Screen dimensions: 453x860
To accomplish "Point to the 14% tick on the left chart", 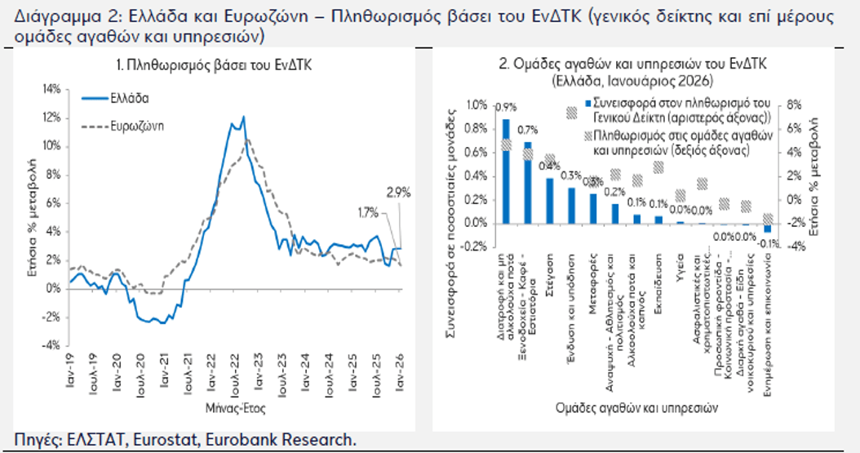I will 51,89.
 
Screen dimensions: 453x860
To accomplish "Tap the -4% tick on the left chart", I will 51,345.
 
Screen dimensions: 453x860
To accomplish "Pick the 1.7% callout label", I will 366,213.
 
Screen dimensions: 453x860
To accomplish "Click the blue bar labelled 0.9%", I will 506,171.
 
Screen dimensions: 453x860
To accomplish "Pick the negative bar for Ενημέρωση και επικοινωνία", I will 767,228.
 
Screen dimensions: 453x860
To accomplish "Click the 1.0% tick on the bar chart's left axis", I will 474,104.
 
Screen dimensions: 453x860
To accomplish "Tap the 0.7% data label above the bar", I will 529,130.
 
